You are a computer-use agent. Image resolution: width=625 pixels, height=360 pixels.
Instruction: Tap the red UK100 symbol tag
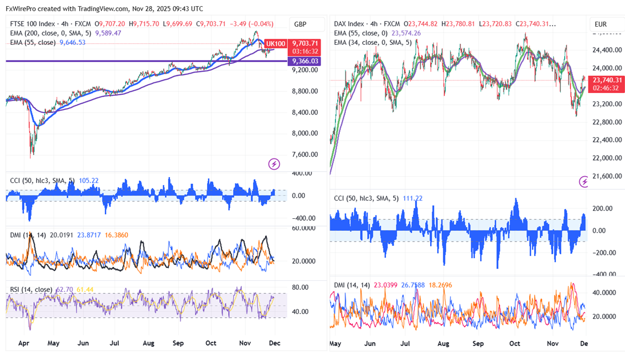pos(275,43)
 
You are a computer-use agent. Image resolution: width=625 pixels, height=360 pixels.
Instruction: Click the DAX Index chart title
pos(349,24)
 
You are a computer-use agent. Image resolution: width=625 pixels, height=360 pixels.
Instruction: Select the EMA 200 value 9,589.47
pos(109,33)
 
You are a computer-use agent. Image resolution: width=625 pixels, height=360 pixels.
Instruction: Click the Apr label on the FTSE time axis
pos(23,343)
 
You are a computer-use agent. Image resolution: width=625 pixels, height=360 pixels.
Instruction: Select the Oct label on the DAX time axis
pos(515,343)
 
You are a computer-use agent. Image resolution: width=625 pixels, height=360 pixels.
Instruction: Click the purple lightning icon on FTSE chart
pos(274,164)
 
